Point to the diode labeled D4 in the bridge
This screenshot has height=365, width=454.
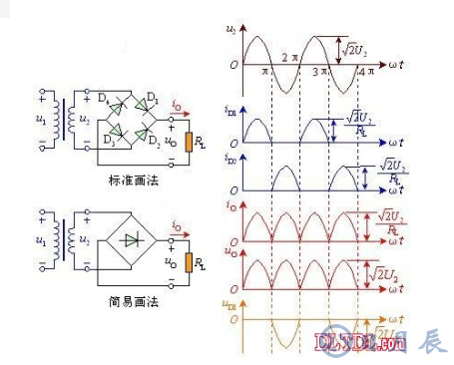(116, 107)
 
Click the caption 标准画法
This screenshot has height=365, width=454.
(131, 181)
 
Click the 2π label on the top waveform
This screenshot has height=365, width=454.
(288, 57)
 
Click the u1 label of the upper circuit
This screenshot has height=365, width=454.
(39, 121)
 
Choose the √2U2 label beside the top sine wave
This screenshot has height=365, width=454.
(351, 46)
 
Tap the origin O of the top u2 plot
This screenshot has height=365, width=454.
(231, 66)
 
